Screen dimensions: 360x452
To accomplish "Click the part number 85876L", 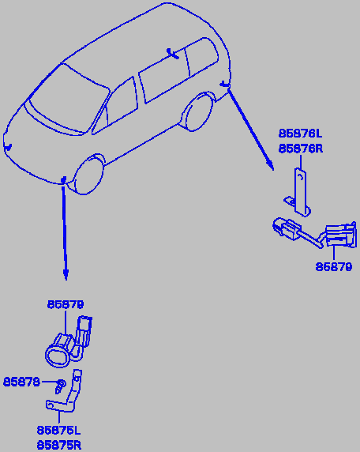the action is click(300, 134).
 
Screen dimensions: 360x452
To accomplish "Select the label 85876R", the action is click(301, 149).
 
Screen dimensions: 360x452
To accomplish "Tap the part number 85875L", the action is click(58, 431).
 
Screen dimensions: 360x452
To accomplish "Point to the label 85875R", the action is click(59, 446).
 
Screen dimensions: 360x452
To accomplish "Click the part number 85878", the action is click(21, 382).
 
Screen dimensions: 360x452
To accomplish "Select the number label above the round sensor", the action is click(66, 304).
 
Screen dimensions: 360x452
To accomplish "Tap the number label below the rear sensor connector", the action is click(333, 266).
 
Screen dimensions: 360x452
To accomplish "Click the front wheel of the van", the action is click(88, 175).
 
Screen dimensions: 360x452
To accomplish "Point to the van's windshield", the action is click(69, 100).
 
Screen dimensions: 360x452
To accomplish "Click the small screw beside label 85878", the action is click(60, 386).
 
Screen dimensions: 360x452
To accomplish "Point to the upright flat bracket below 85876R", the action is click(300, 192).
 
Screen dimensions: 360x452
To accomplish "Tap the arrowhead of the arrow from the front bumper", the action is click(66, 275).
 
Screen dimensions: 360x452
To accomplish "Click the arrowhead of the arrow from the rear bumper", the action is click(270, 165).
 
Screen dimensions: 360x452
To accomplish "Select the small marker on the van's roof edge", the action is click(172, 54).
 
